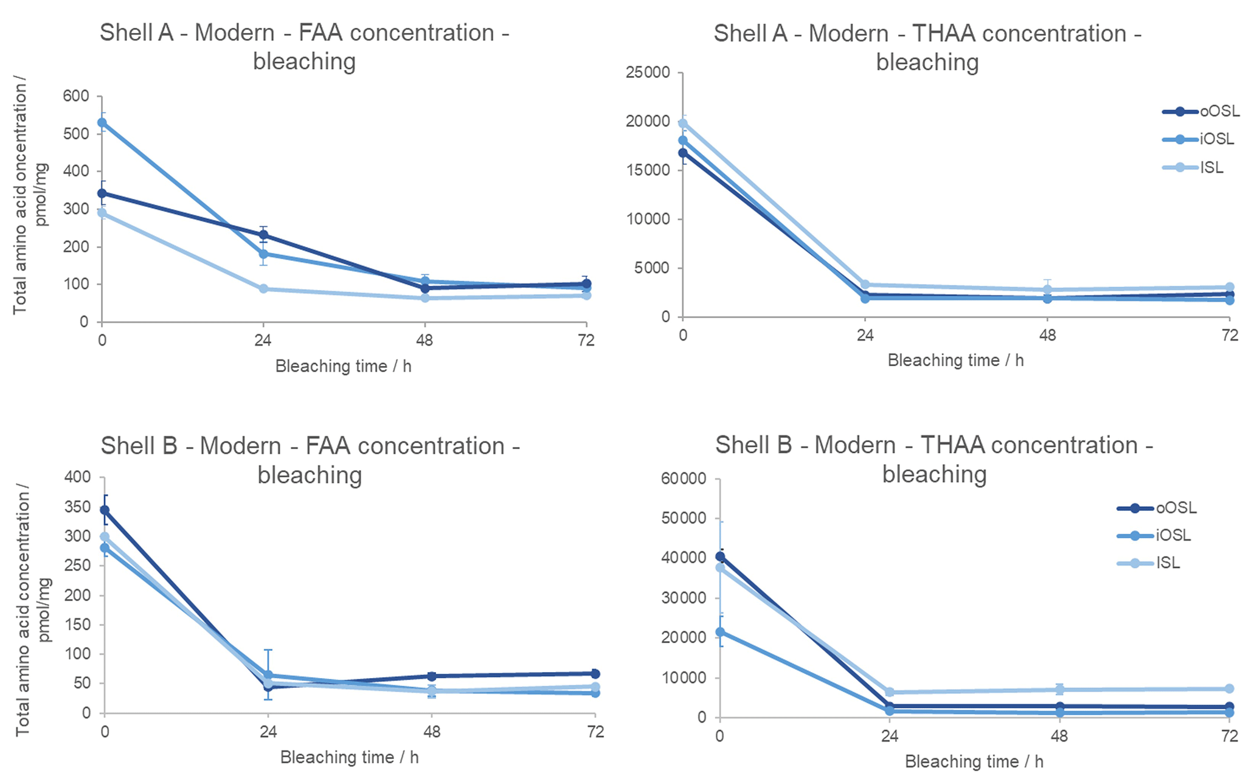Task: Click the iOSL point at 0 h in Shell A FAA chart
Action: tap(102, 123)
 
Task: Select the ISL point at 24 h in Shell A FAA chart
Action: tap(263, 289)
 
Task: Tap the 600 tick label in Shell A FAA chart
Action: tap(76, 96)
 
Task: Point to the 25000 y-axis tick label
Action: tap(648, 72)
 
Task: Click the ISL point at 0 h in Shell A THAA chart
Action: tap(683, 123)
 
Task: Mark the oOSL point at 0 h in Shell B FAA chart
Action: tap(105, 510)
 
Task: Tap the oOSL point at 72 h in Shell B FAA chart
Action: tap(595, 673)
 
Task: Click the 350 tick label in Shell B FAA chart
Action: tap(78, 507)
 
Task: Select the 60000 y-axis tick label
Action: tap(684, 479)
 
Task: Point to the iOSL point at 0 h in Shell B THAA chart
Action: tap(720, 632)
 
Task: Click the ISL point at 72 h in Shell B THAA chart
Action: tap(1229, 689)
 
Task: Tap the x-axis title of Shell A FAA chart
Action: tap(343, 366)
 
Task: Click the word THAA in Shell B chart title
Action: tap(952, 445)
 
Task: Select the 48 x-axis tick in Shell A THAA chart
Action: tap(1047, 335)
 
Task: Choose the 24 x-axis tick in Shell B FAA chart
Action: tap(268, 731)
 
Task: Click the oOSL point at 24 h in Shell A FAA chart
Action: tap(263, 235)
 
